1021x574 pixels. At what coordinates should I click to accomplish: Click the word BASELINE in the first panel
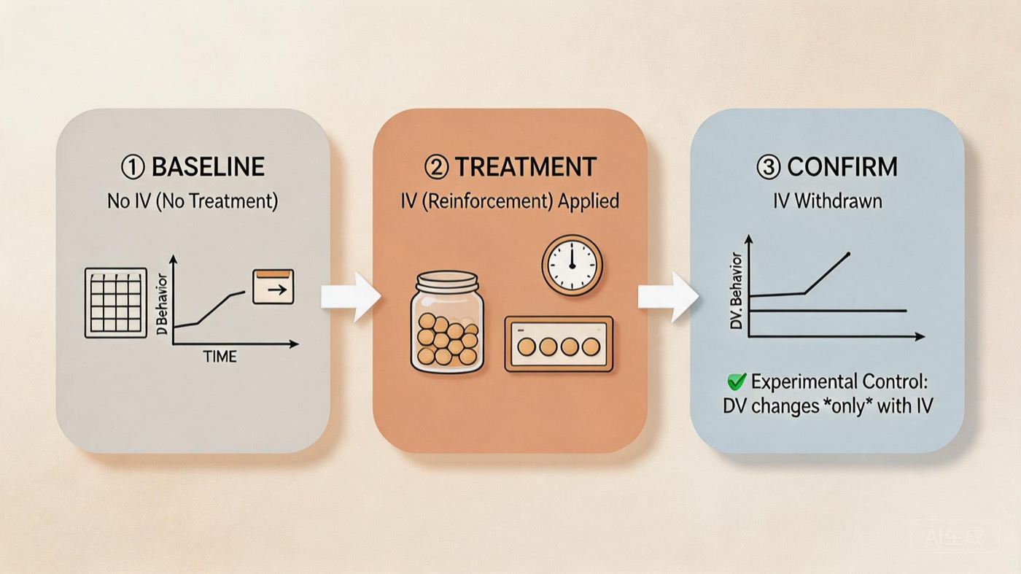(208, 167)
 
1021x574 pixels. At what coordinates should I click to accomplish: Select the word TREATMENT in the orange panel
(525, 167)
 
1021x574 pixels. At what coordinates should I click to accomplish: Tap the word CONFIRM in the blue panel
(842, 167)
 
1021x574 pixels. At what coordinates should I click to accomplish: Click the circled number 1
(133, 168)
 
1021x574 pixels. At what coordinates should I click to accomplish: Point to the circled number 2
(436, 168)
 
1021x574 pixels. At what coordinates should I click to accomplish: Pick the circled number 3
(769, 168)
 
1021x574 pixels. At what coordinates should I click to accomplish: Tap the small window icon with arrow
(273, 287)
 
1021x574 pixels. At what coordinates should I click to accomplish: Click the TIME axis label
(220, 357)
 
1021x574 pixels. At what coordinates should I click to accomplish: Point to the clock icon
(572, 263)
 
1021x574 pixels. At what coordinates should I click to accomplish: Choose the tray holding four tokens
(559, 344)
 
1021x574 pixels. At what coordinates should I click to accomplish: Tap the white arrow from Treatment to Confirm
(667, 297)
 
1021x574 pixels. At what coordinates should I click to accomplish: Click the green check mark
(737, 381)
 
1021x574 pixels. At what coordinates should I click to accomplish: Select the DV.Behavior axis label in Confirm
(737, 291)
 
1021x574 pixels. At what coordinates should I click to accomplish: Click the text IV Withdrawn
(827, 201)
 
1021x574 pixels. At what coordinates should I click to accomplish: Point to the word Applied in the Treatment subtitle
(588, 201)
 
